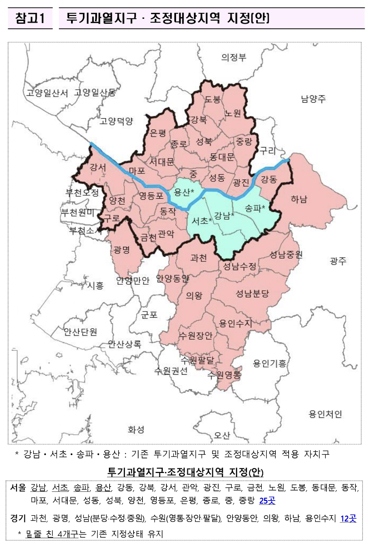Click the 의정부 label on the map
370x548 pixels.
[x=234, y=57]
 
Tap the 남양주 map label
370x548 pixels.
[x=313, y=99]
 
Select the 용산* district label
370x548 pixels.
[x=184, y=192]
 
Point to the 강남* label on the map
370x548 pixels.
[x=224, y=216]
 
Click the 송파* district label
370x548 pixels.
[x=255, y=208]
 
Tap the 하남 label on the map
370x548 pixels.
[x=299, y=199]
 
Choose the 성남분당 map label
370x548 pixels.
[x=252, y=294]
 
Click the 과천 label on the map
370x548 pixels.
[x=199, y=258]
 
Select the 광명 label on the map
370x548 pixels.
[x=122, y=250]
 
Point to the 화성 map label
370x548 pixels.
[x=136, y=429]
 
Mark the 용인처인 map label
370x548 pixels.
[x=325, y=414]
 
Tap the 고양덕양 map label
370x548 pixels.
[x=116, y=121]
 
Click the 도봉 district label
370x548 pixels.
[x=213, y=99]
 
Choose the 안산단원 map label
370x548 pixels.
[x=80, y=331]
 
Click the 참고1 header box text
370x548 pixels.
[x=30, y=18]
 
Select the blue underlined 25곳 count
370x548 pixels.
[x=267, y=501]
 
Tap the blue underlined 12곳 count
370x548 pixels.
[x=348, y=518]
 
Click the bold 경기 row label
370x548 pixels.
[x=18, y=518]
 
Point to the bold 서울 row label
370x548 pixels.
[x=18, y=488]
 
